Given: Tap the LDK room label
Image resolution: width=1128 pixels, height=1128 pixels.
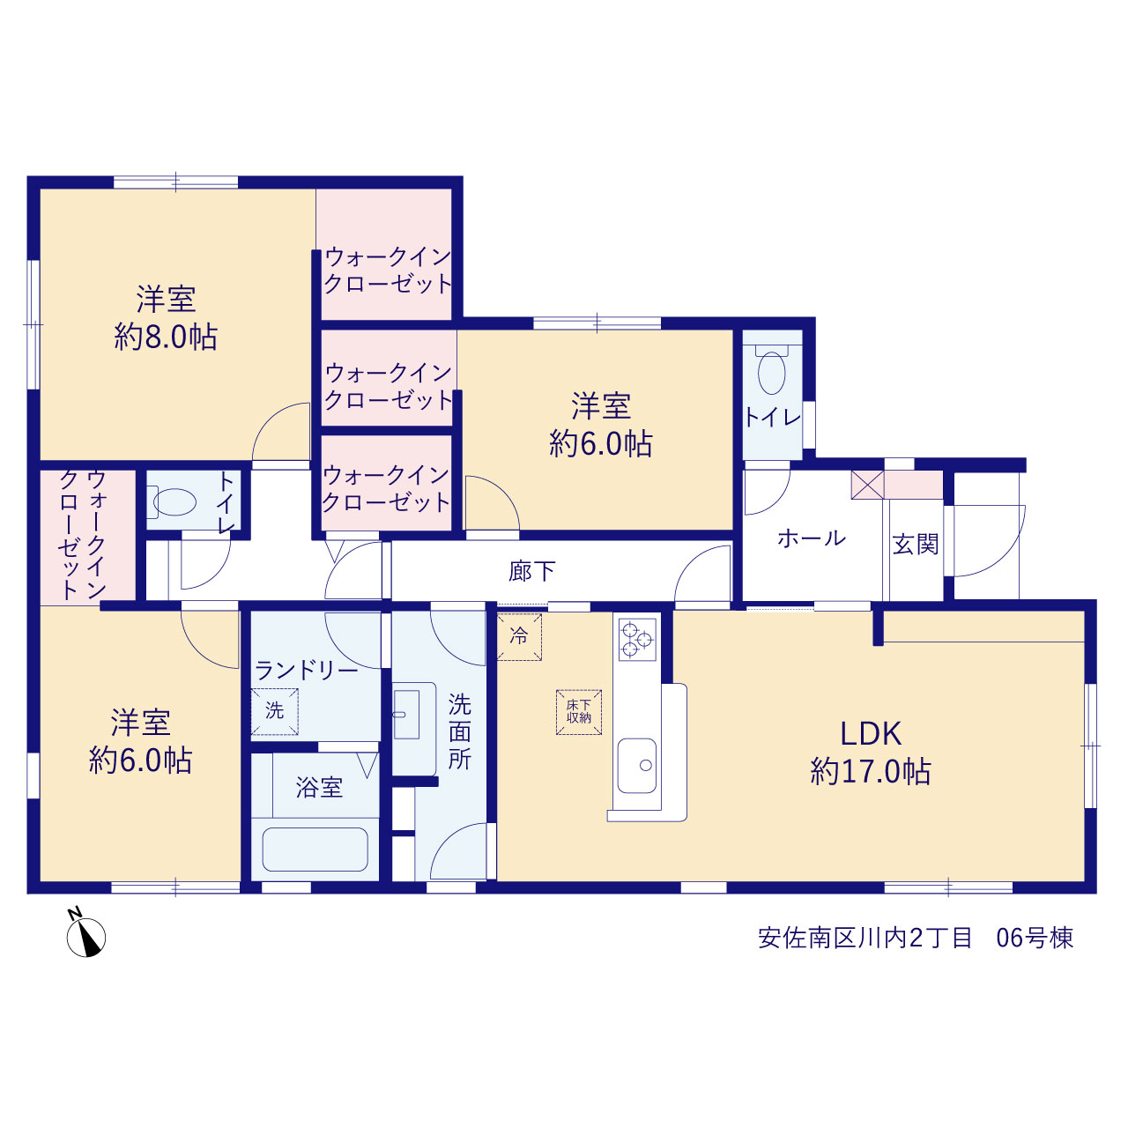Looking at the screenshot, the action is (x=871, y=734).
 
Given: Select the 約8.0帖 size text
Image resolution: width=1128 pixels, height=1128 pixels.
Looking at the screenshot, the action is (x=166, y=338).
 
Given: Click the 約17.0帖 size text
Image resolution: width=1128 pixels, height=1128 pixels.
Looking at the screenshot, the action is (x=871, y=771).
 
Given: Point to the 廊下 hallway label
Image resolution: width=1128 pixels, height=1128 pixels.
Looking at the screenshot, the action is (x=531, y=571).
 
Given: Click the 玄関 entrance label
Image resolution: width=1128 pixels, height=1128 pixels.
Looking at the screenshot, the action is (x=916, y=545).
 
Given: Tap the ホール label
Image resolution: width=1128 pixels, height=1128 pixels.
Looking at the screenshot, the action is (x=812, y=538).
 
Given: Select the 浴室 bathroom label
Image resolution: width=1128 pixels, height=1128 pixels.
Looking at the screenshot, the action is (x=319, y=787).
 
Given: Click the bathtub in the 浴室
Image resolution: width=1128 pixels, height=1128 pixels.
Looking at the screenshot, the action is (x=315, y=849).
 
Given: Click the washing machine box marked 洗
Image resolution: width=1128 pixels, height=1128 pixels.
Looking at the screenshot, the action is (x=275, y=711).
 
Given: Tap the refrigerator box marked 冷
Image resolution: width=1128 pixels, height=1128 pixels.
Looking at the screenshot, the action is (x=519, y=636).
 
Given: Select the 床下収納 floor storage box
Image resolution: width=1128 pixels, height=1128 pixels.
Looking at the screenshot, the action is (x=578, y=712).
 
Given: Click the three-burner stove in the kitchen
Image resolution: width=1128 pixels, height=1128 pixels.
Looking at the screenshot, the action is (x=637, y=639).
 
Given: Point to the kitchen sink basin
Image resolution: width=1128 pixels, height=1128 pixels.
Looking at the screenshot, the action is (x=637, y=765).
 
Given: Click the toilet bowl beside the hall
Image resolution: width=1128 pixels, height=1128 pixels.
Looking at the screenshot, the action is (x=771, y=372).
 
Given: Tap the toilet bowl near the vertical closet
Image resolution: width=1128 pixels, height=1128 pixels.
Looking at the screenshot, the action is (x=174, y=502).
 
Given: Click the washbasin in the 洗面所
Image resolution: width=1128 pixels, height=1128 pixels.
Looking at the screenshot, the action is (x=406, y=714).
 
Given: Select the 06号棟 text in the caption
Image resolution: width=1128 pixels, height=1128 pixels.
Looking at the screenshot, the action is (x=1035, y=938).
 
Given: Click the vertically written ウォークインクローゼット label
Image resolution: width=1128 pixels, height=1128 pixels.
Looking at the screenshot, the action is (x=83, y=534).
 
